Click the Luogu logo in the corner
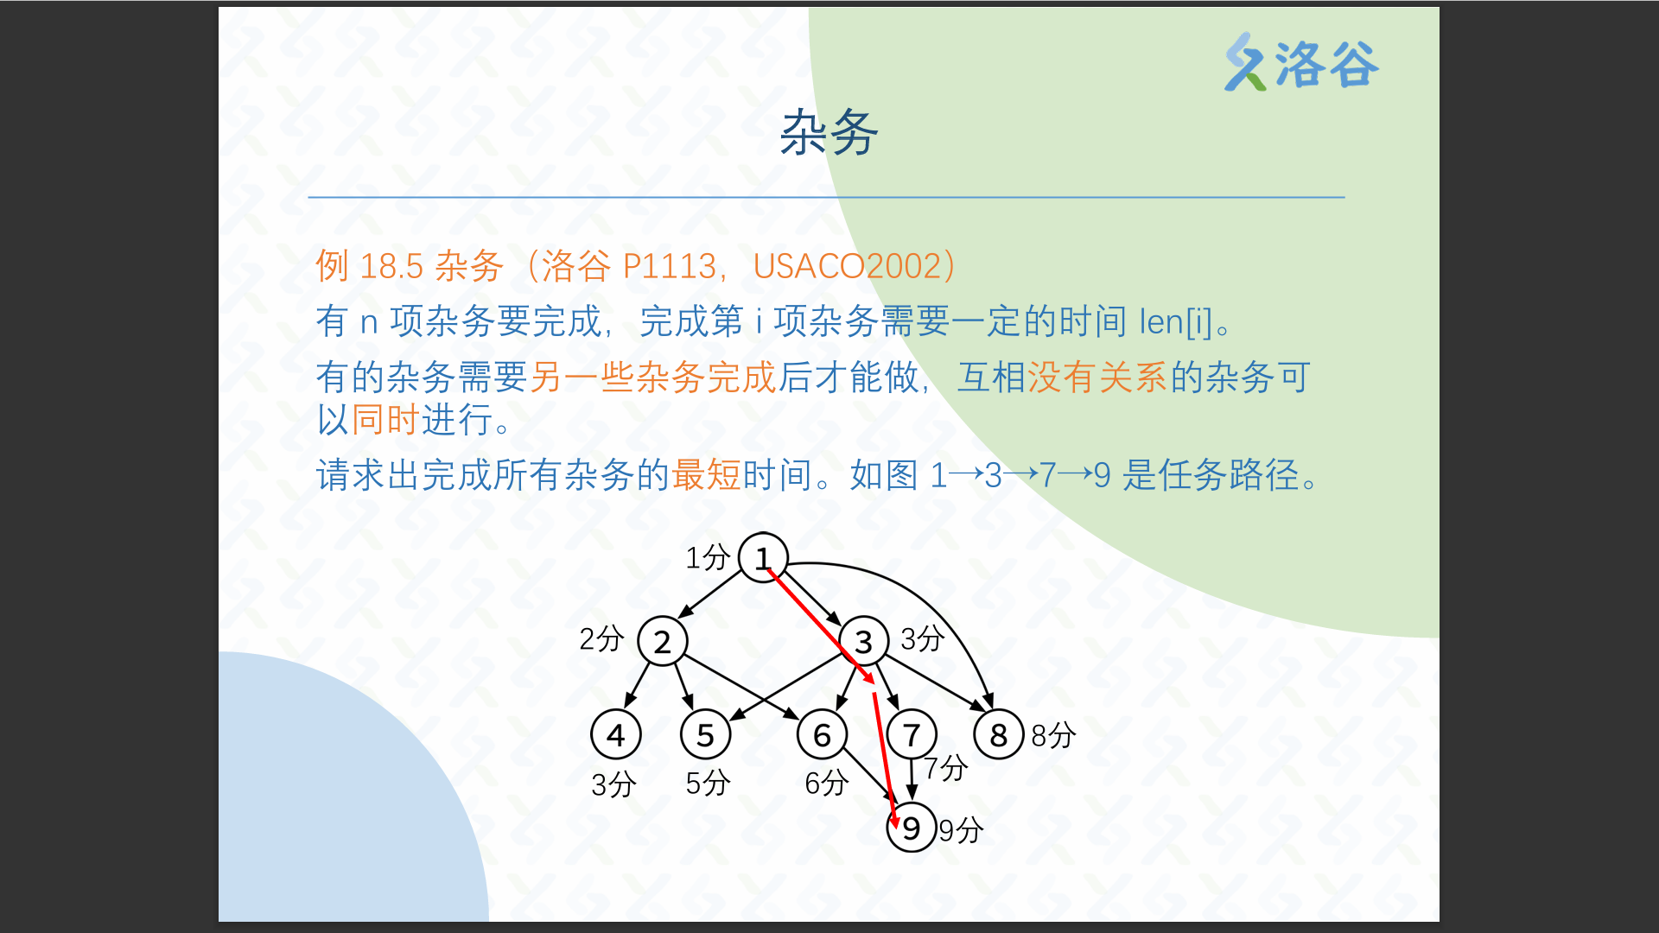[1301, 62]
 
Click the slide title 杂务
[829, 133]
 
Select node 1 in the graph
[763, 557]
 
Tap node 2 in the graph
[663, 641]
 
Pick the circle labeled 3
[863, 641]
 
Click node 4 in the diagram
[616, 734]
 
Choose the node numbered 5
[706, 734]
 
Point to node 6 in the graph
[823, 734]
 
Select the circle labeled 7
[912, 734]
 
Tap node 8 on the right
[999, 734]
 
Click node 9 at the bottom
[912, 828]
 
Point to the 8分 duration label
[1053, 735]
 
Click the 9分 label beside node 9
[961, 830]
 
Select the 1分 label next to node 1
[708, 557]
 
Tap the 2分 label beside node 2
[601, 638]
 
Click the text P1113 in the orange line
[670, 266]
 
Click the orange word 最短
[706, 474]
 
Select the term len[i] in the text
[1176, 322]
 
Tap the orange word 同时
[385, 420]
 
